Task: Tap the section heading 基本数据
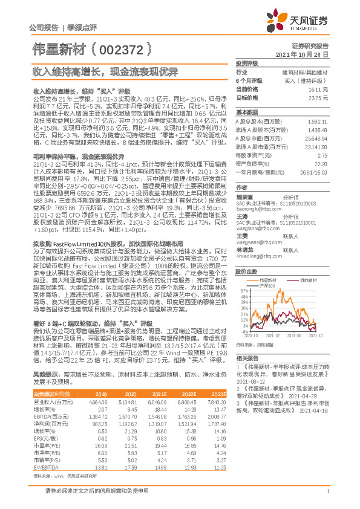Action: [x=247, y=112]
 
